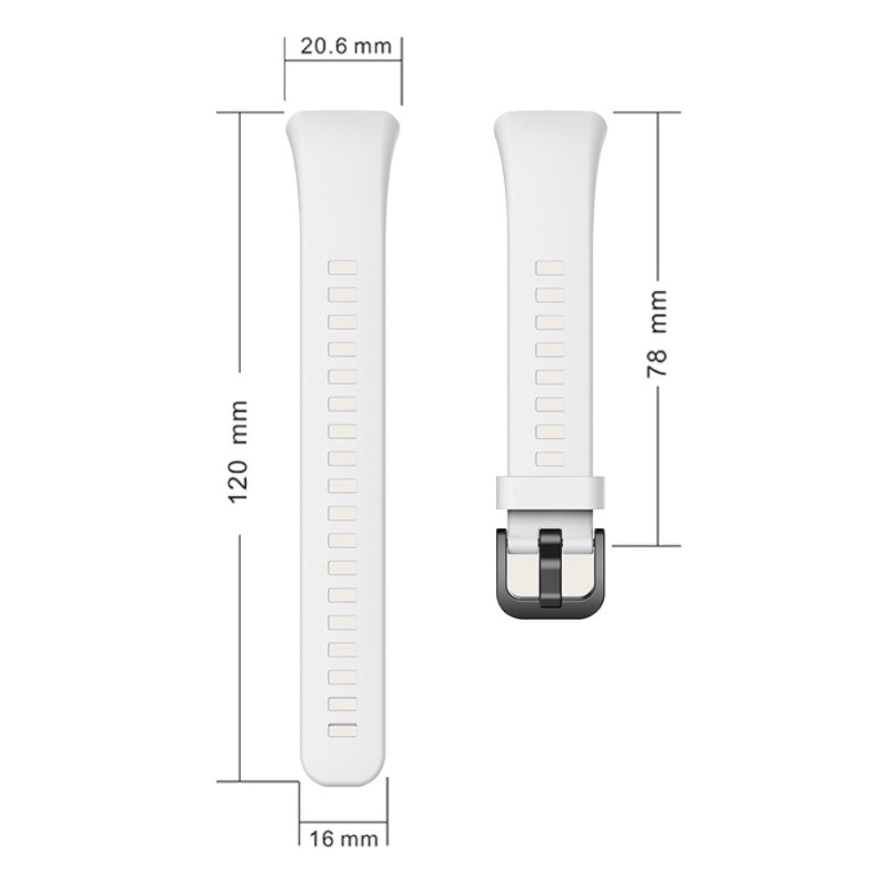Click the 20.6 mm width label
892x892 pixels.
click(346, 46)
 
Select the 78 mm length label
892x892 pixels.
click(657, 334)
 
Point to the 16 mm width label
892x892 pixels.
click(343, 838)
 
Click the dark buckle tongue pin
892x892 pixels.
click(550, 567)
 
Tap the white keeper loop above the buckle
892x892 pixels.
click(550, 491)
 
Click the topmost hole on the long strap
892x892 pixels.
click(343, 268)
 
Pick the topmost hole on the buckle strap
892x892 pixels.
click(550, 268)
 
